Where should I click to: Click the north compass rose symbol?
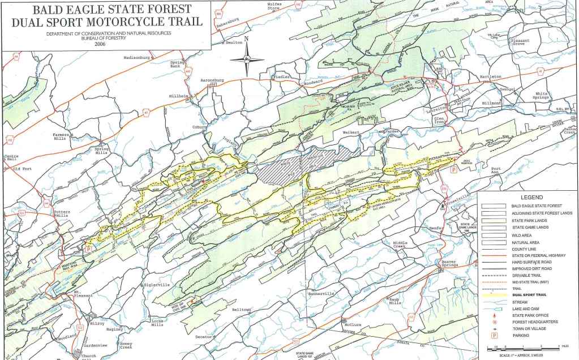pos(247,58)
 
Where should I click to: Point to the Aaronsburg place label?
pos(212,80)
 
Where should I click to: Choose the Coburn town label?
pos(199,127)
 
